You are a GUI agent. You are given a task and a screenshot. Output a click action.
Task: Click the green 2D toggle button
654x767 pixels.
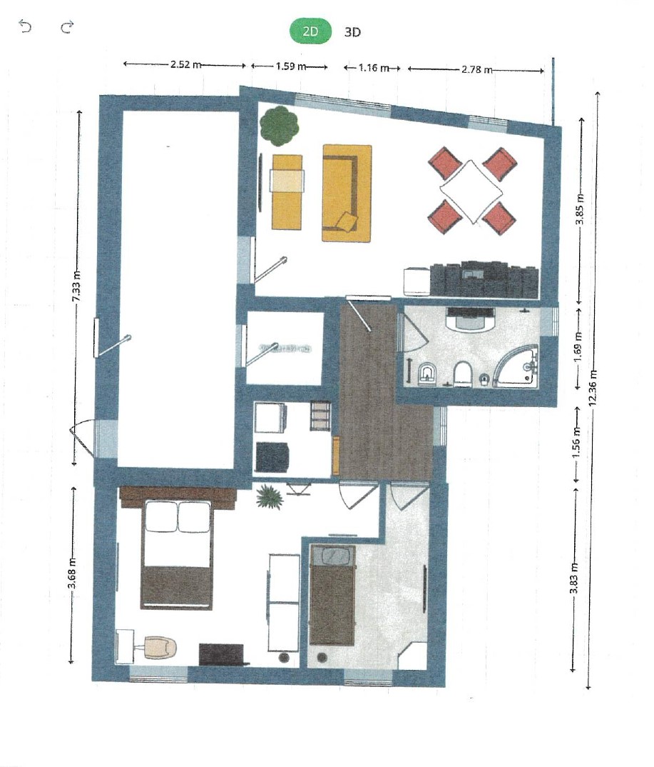click(311, 31)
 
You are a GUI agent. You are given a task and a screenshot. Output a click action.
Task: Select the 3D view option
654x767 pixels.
click(352, 32)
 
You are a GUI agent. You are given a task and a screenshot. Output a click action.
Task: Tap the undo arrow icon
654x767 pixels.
click(25, 26)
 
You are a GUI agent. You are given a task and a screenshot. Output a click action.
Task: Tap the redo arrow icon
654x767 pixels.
click(67, 26)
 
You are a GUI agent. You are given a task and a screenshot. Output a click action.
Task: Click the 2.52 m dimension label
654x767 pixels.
click(185, 64)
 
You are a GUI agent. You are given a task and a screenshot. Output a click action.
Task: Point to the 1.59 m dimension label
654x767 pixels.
click(291, 66)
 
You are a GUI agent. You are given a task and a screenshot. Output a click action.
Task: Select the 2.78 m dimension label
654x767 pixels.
click(476, 69)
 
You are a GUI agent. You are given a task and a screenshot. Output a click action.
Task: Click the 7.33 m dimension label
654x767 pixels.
click(77, 287)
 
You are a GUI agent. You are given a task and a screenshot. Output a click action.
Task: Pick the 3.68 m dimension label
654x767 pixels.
click(72, 575)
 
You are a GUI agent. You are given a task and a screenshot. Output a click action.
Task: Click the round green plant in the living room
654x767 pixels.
click(279, 126)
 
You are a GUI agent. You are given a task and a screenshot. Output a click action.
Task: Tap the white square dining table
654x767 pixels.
click(471, 191)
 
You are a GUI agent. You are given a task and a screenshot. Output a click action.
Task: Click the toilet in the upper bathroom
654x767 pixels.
click(461, 374)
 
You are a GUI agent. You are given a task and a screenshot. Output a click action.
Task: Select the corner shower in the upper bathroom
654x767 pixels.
click(517, 367)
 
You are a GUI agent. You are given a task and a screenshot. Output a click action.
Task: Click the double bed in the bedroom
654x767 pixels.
click(178, 554)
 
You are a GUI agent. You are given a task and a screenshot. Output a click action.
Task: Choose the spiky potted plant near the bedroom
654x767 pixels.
click(270, 497)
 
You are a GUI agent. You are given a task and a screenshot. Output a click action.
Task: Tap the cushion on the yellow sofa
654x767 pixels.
click(347, 221)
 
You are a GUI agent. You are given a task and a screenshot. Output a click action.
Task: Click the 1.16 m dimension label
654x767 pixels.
click(374, 68)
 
